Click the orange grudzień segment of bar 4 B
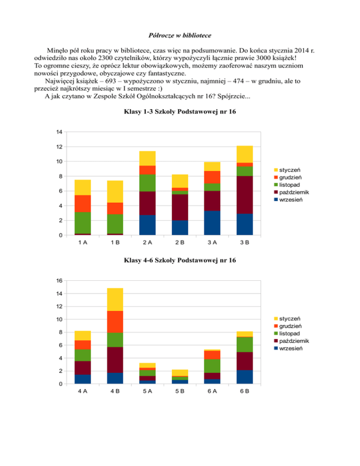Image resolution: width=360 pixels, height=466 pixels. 115,322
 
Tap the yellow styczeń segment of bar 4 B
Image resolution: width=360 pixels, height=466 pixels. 115,300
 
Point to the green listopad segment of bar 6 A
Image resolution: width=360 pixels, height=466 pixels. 212,366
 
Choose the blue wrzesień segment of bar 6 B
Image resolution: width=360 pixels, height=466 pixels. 244,377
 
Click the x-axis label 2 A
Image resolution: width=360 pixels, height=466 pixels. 147,242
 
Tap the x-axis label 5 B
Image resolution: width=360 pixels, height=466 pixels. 180,391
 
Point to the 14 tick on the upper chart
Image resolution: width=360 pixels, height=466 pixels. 58,132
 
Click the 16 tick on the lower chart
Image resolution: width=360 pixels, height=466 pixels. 58,281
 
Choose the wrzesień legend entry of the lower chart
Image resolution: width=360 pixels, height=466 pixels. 292,348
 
